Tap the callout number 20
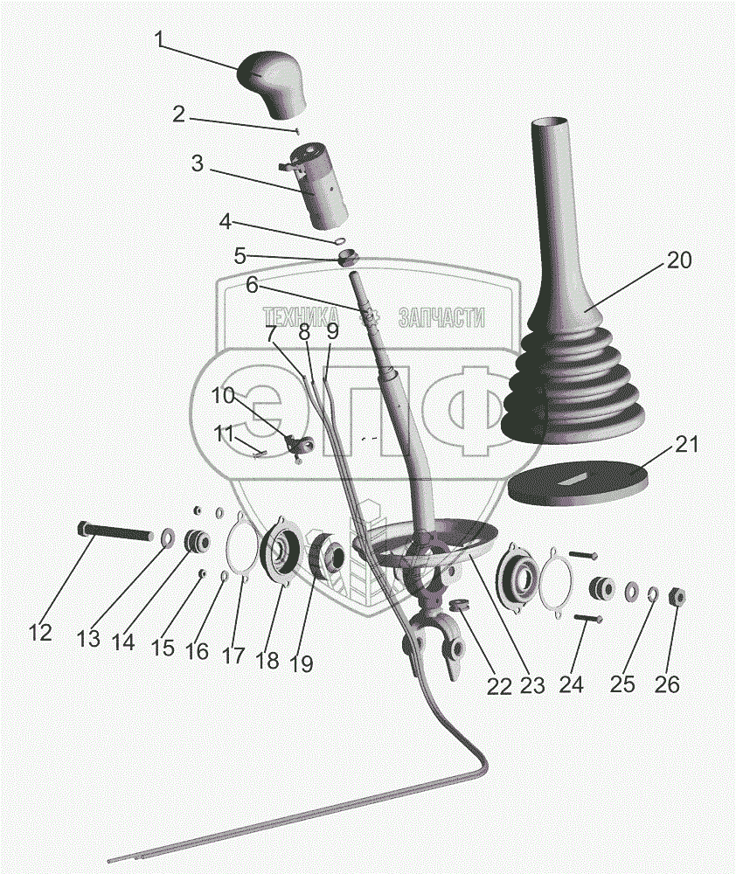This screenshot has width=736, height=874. [679, 260]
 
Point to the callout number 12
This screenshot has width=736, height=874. [40, 632]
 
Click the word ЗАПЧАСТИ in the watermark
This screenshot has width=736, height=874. [441, 317]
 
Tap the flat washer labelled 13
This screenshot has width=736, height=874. [167, 535]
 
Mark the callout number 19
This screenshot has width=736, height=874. [300, 663]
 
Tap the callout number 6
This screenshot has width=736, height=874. [251, 284]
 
